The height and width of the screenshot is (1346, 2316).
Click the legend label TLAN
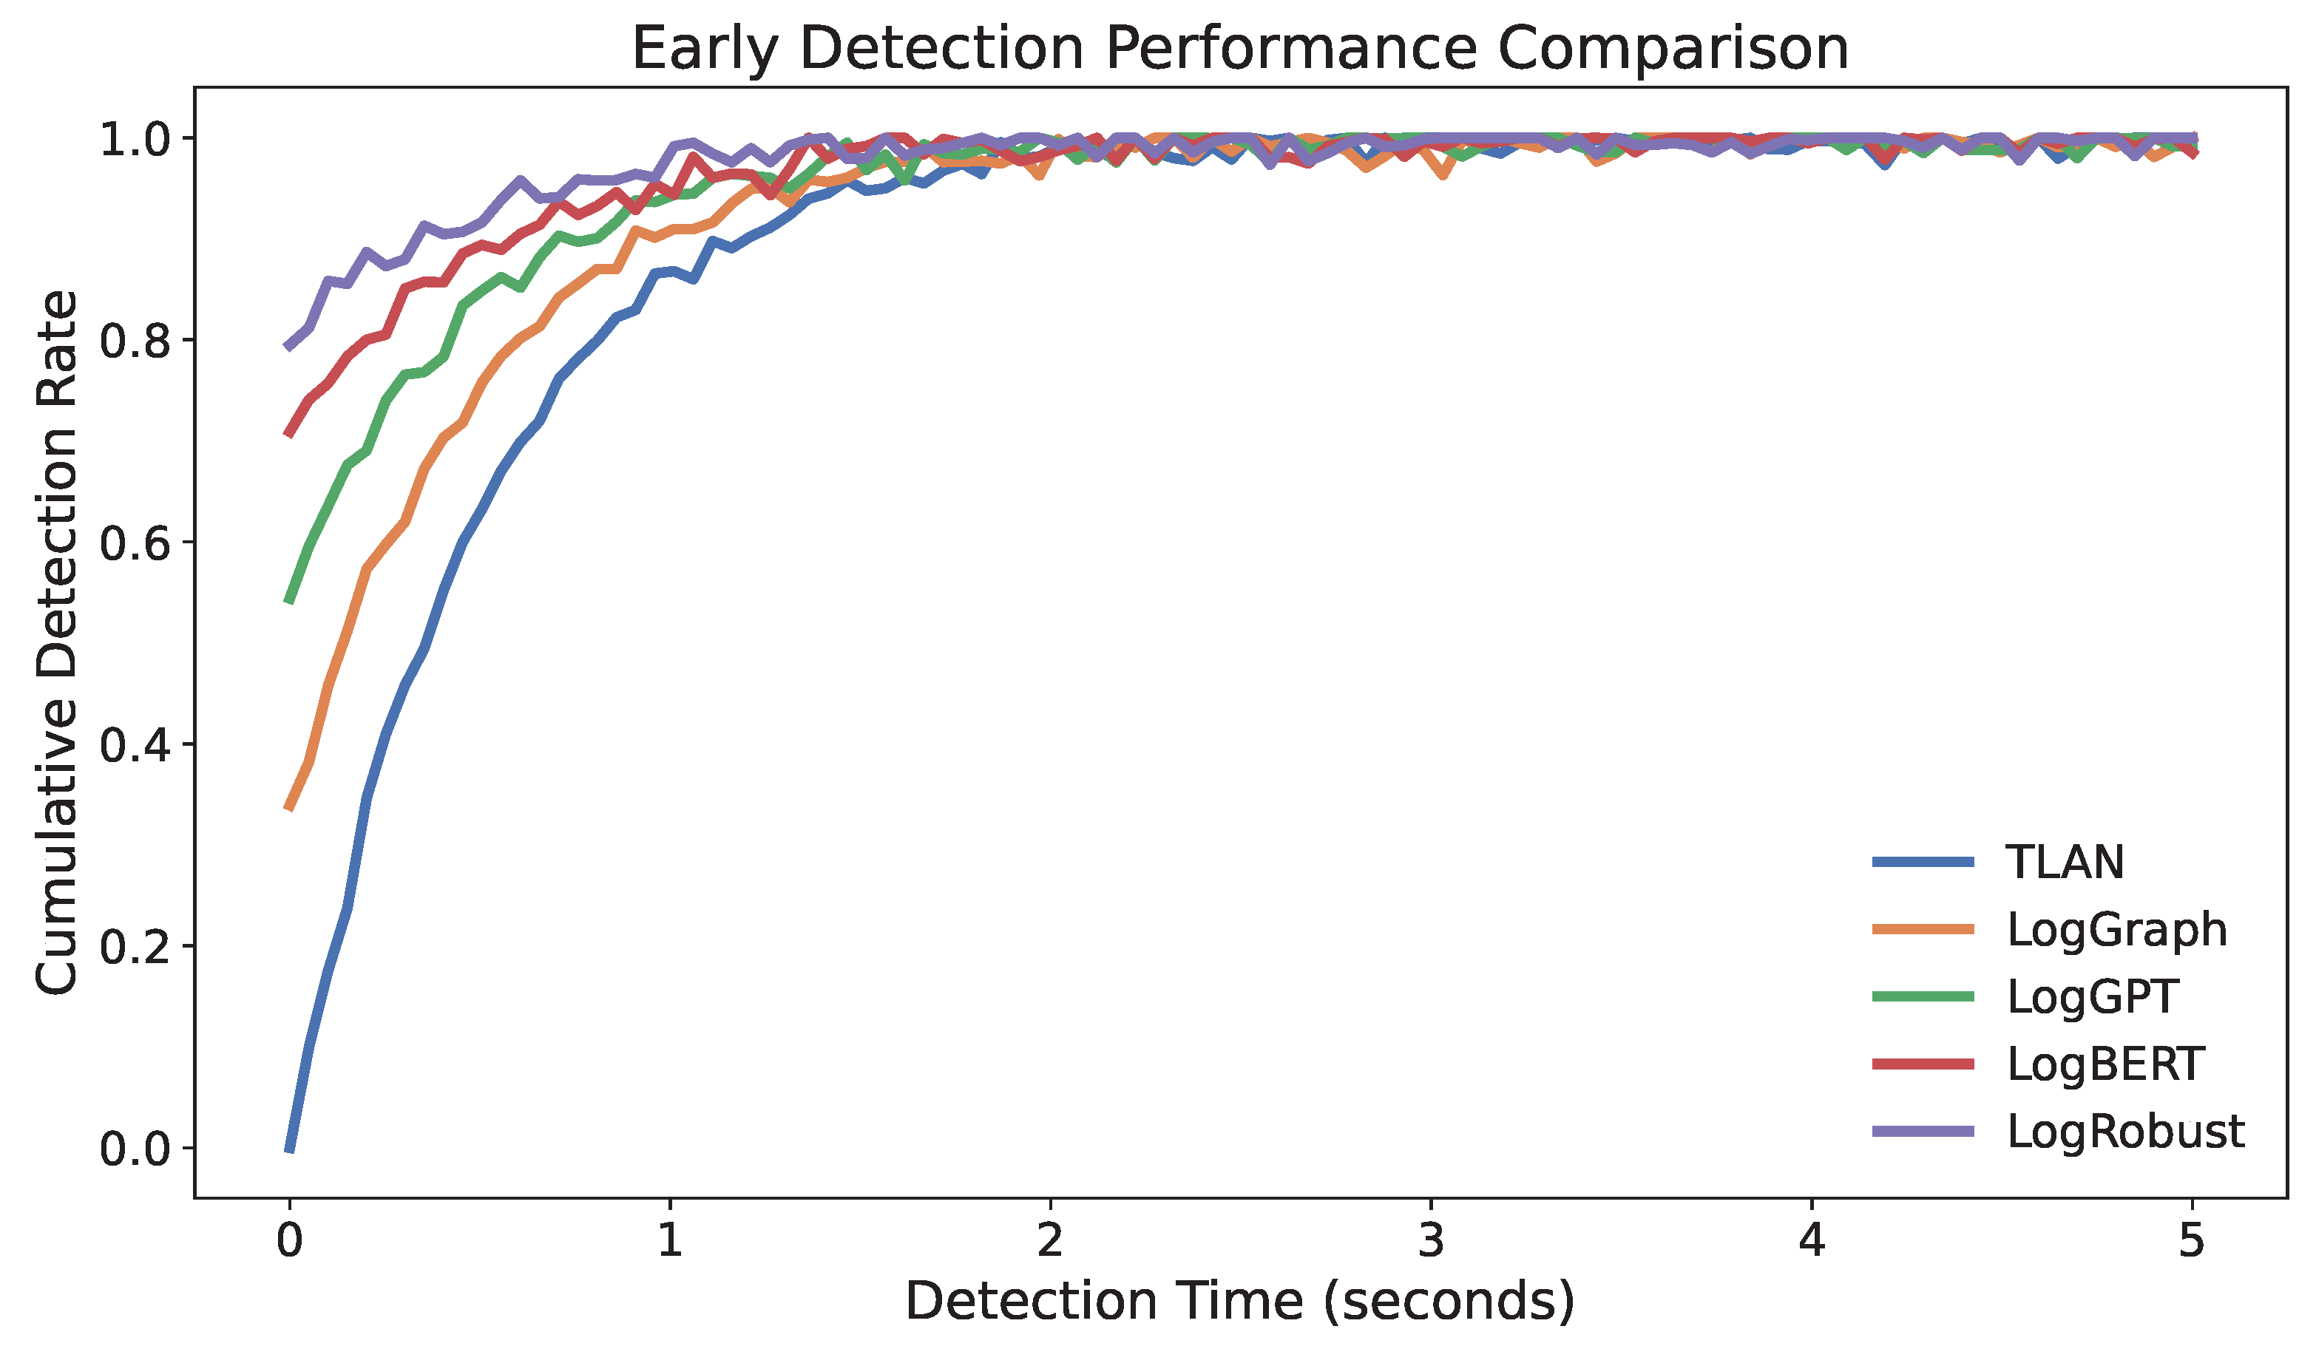(2064, 862)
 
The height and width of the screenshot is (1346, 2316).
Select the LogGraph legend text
(2116, 929)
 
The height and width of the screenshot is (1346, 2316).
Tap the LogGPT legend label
(2093, 996)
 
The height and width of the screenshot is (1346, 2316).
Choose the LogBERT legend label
(2105, 1064)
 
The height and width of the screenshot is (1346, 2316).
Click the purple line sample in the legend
(1923, 1131)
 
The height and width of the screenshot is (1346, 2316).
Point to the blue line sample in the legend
(1923, 862)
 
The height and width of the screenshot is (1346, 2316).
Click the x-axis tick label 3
(1431, 1241)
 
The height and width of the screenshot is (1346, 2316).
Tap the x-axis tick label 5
(2192, 1241)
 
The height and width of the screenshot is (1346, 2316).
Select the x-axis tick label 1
(670, 1241)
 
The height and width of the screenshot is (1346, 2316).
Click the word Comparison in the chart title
(1673, 48)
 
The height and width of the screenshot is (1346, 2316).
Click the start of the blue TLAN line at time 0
(290, 1149)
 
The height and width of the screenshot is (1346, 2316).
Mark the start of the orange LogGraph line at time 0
(290, 808)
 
